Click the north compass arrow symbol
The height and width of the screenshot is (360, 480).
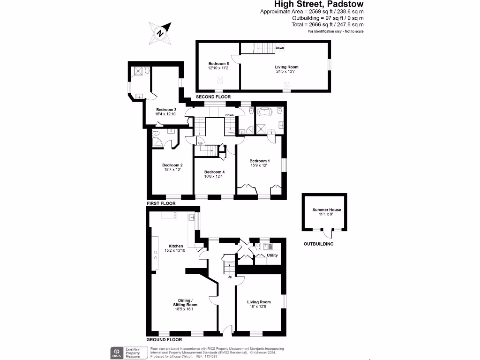pyautogui.click(x=160, y=33)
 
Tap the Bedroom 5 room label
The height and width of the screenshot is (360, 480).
pyautogui.click(x=218, y=63)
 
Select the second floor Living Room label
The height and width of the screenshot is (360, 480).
pyautogui.click(x=286, y=67)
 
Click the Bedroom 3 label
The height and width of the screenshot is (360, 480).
pyautogui.click(x=165, y=109)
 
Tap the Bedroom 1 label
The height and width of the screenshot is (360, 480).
pyautogui.click(x=259, y=161)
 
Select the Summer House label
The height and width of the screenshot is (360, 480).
pyautogui.click(x=324, y=210)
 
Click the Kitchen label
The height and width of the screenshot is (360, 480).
pyautogui.click(x=176, y=246)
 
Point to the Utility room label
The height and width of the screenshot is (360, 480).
pyautogui.click(x=272, y=255)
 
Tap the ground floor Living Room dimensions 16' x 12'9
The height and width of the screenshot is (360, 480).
pyautogui.click(x=259, y=307)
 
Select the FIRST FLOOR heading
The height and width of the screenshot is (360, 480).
pyautogui.click(x=161, y=203)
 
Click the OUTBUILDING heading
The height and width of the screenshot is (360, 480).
pyautogui.click(x=319, y=244)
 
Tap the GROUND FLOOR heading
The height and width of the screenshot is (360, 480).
pyautogui.click(x=164, y=339)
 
